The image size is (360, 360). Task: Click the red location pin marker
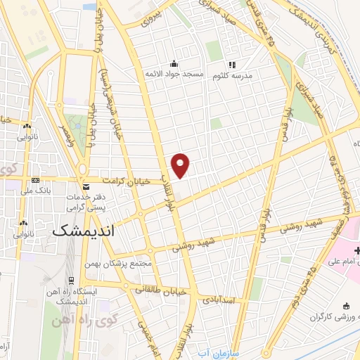coord(181,165)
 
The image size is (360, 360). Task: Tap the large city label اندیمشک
coord(84,230)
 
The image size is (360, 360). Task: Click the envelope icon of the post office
coord(86,188)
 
